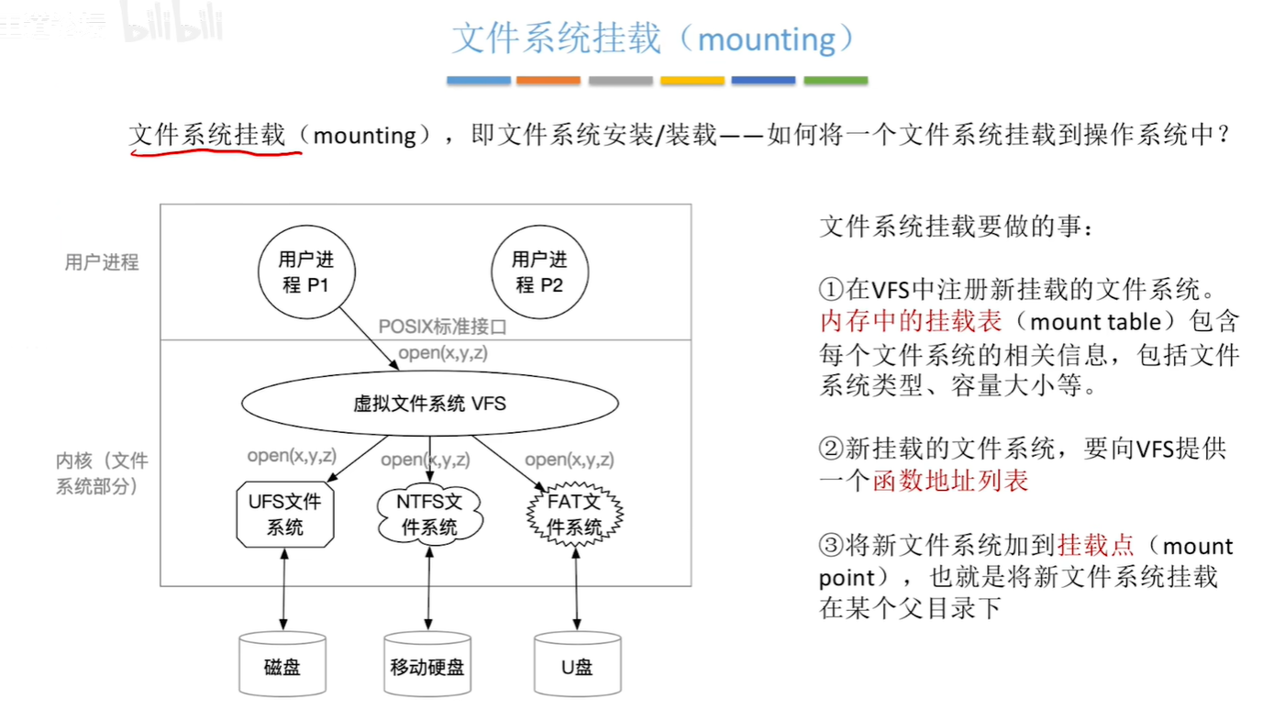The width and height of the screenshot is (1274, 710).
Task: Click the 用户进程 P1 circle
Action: pos(305,272)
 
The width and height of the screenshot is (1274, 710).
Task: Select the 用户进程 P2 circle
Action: pos(539,272)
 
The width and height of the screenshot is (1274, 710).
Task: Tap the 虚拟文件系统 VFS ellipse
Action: pos(430,404)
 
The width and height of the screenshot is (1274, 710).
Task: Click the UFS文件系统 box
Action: pos(284,515)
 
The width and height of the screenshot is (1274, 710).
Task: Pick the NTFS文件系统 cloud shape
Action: pos(428,515)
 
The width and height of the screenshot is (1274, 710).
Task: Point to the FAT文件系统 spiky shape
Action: pos(574,515)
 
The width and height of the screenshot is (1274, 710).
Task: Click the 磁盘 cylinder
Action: pos(282,665)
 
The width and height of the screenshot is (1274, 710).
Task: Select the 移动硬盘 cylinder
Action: pos(427,665)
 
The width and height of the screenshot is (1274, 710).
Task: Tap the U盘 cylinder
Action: pos(576,665)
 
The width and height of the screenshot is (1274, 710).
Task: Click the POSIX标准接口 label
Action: pos(442,327)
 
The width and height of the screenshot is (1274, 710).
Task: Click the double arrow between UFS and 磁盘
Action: pos(284,589)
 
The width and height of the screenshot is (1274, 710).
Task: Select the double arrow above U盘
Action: pos(576,589)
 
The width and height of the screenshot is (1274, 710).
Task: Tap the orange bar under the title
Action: pos(548,81)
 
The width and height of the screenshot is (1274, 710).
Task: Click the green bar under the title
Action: pos(836,81)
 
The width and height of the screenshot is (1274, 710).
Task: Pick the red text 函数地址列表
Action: pos(950,481)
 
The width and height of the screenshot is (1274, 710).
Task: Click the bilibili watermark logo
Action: pos(173,28)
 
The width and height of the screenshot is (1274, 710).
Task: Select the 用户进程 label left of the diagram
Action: pos(102,262)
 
